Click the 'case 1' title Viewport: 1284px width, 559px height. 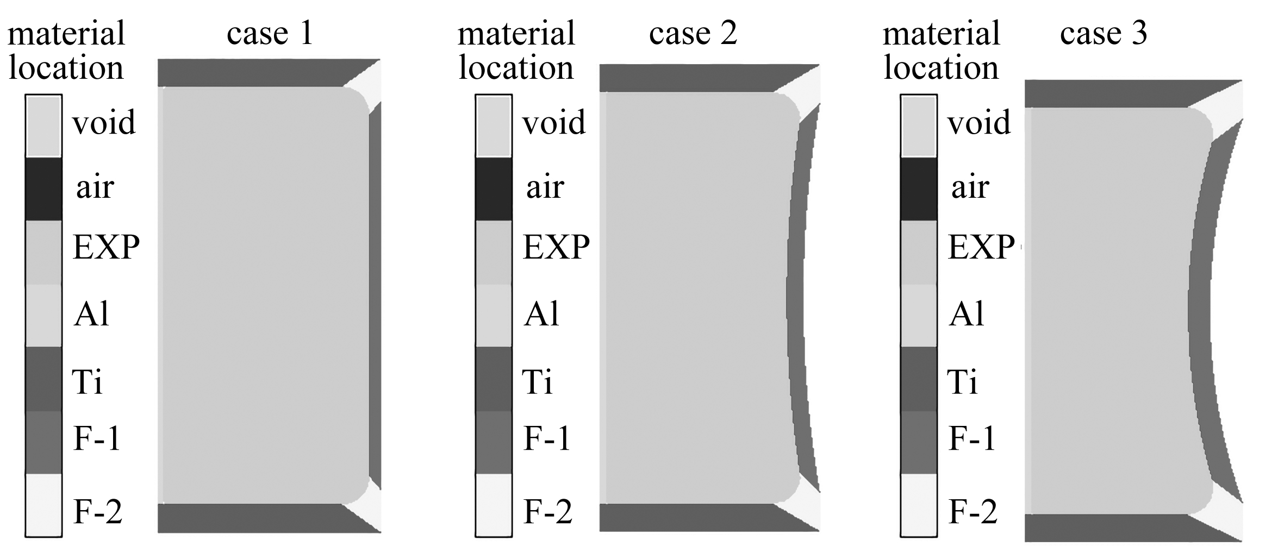(x=270, y=34)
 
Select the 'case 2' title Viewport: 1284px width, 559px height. (x=693, y=34)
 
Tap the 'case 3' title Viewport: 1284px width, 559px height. (x=1104, y=34)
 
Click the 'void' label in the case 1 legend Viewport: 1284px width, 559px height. (x=104, y=123)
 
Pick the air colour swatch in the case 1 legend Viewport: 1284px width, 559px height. (x=43, y=189)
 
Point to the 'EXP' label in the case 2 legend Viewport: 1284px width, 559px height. (x=556, y=248)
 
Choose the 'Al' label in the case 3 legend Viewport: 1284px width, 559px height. (x=967, y=314)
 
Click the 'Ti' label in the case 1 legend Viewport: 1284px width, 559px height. (x=87, y=381)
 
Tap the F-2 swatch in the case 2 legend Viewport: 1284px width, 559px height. (x=494, y=505)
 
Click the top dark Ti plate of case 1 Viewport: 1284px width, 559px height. (x=250, y=73)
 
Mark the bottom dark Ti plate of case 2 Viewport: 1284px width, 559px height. (x=685, y=517)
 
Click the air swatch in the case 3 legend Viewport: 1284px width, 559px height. (x=919, y=189)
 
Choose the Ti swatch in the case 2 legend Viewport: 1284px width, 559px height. (x=494, y=379)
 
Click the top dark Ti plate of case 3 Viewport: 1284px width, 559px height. (x=1109, y=93)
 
